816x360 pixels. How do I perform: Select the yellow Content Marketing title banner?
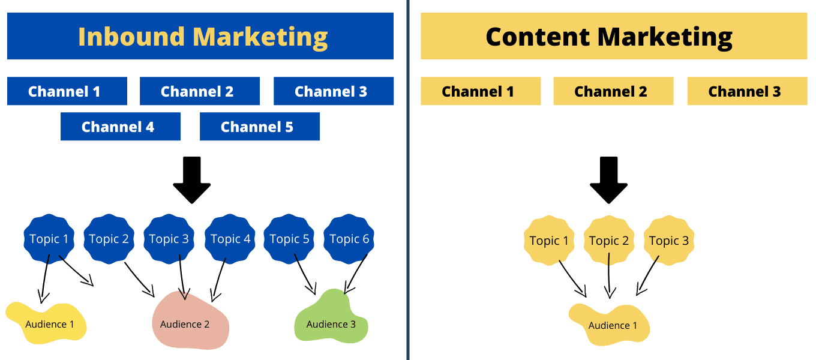click(608, 36)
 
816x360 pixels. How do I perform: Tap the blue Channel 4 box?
click(120, 127)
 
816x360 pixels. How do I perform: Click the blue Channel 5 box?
click(259, 127)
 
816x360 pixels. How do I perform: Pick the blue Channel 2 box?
click(199, 91)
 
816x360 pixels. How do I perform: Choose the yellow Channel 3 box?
click(747, 91)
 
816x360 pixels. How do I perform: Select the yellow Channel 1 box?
click(480, 91)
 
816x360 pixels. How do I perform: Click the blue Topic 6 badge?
click(349, 239)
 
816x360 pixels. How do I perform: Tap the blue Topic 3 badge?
click(169, 239)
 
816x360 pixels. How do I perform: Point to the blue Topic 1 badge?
click(49, 239)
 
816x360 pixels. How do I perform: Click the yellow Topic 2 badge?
click(609, 241)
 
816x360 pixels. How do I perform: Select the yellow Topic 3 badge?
click(669, 241)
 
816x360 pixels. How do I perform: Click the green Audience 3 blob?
click(331, 321)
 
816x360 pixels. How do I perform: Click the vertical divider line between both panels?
click(408, 180)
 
